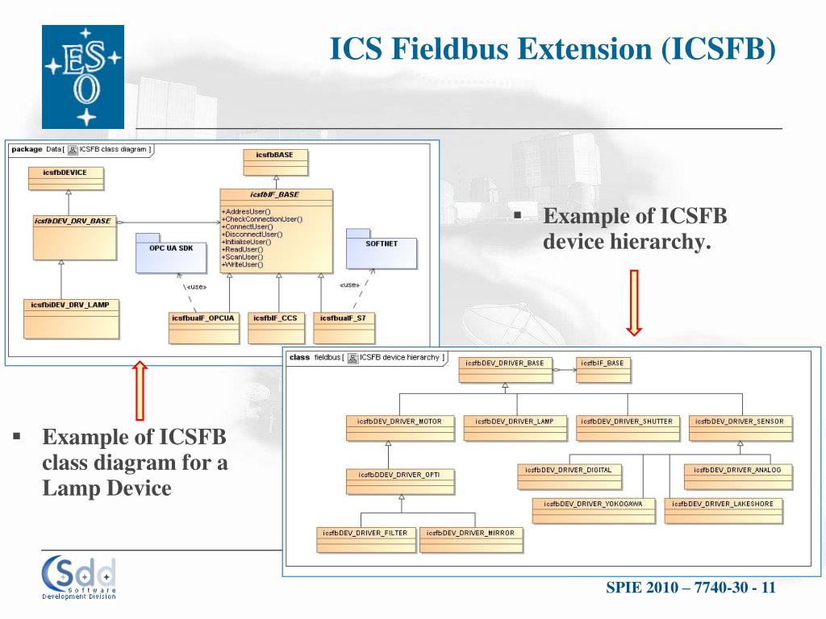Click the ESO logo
(83, 77)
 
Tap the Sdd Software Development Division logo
(79, 577)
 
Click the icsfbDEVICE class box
(66, 178)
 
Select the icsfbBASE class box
(276, 163)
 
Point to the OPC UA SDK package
(171, 253)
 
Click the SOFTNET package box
(381, 249)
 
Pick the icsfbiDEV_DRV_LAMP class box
(71, 319)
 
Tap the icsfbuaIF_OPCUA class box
(203, 328)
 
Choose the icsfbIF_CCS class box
(276, 328)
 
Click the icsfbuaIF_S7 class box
(344, 328)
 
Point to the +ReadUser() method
(242, 250)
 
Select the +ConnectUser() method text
(247, 226)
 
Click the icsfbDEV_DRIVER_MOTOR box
(400, 428)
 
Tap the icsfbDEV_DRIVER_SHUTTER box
(627, 428)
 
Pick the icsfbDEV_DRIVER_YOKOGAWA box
(593, 510)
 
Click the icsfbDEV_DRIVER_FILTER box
(365, 539)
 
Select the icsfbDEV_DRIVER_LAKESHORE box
(724, 510)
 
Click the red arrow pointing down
(634, 303)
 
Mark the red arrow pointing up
(140, 391)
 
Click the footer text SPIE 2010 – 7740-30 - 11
(690, 588)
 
